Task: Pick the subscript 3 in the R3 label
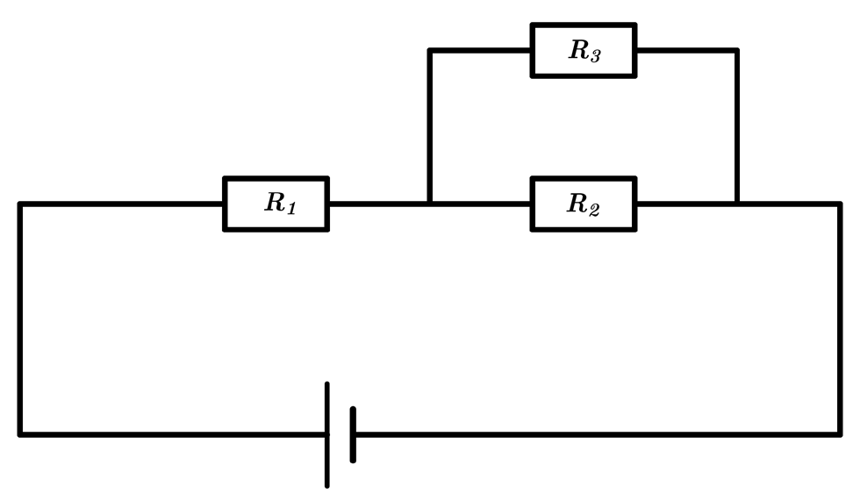click(x=595, y=55)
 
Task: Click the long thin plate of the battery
click(x=327, y=434)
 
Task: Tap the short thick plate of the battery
click(x=353, y=434)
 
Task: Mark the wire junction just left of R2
click(x=430, y=204)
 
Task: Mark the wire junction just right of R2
click(x=737, y=204)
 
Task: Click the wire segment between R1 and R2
click(x=430, y=204)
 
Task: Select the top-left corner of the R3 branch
click(x=430, y=51)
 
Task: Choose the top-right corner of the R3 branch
click(x=737, y=51)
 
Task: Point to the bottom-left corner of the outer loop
click(x=20, y=434)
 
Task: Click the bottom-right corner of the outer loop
click(x=840, y=434)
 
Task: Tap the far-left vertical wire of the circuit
click(x=20, y=319)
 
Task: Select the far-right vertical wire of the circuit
click(x=840, y=319)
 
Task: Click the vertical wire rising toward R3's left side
click(x=430, y=127)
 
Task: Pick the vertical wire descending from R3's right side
click(x=737, y=127)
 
